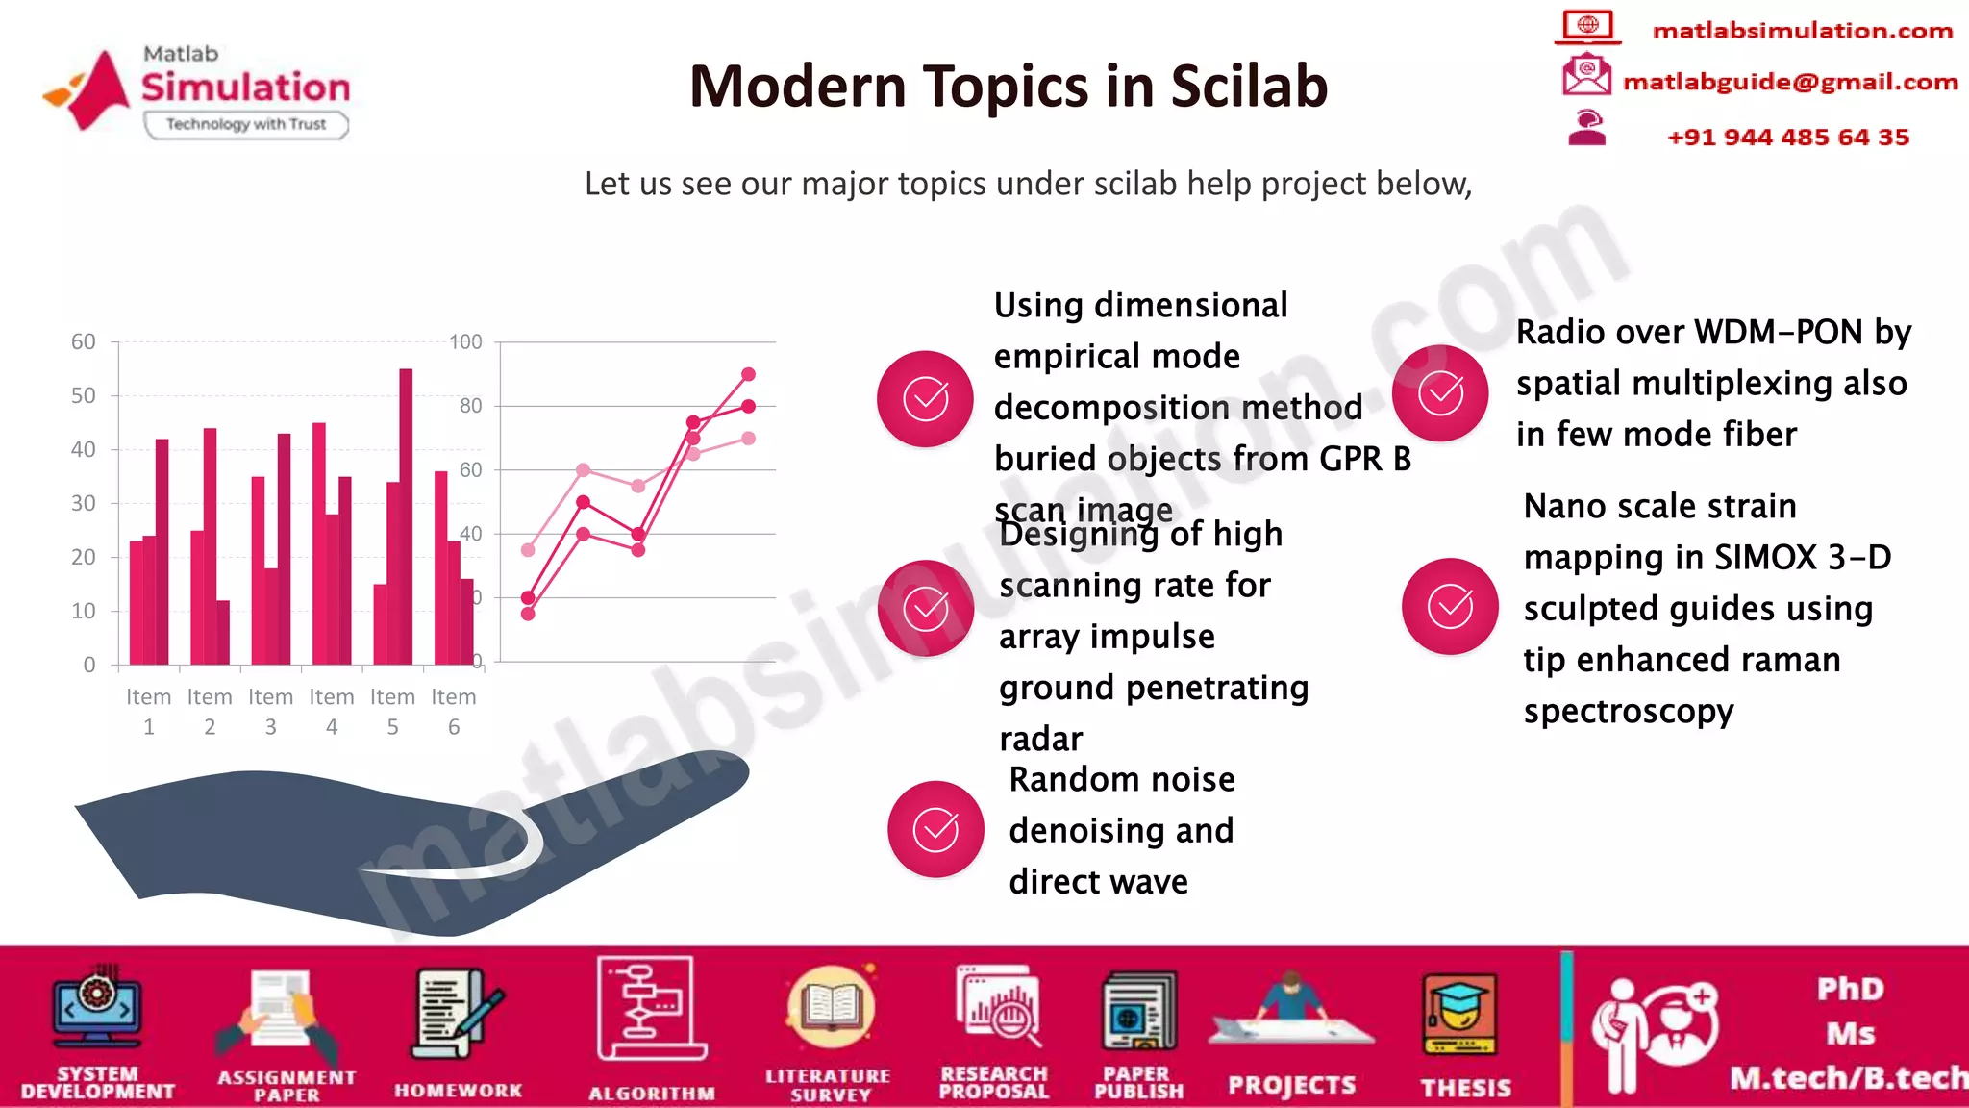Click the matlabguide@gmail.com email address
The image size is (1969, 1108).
point(1790,82)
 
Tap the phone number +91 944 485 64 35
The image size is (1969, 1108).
point(1788,137)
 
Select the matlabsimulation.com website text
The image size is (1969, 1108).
point(1802,31)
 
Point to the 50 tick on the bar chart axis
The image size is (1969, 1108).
point(84,395)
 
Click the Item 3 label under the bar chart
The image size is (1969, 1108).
point(270,711)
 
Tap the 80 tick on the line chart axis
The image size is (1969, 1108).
point(470,406)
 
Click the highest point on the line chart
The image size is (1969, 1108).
point(748,374)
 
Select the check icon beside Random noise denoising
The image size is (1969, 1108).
point(935,829)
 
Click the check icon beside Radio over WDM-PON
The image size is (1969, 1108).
point(1440,392)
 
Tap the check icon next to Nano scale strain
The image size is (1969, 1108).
point(1450,606)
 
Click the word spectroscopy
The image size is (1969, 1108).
point(1628,711)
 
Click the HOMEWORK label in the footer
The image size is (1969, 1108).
point(458,1090)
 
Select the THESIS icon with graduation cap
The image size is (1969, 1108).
point(1459,1016)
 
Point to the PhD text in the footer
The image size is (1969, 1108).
point(1850,989)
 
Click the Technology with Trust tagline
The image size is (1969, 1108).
point(246,124)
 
